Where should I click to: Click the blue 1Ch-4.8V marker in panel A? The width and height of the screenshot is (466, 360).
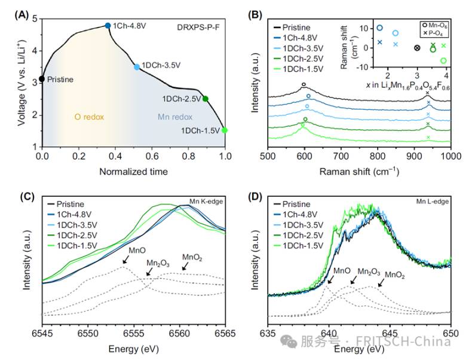[x=108, y=26]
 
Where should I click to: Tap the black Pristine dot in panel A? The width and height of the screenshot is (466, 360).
[x=42, y=79]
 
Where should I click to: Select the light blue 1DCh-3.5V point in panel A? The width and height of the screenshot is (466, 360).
[x=137, y=67]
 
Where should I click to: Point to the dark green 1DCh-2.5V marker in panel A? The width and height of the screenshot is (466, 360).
[x=205, y=99]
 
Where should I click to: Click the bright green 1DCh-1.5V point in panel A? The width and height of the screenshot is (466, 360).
[x=225, y=130]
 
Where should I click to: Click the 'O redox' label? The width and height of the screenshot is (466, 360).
[x=89, y=117]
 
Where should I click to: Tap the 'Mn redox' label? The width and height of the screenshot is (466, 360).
[x=175, y=117]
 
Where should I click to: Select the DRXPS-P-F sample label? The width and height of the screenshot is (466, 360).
[x=198, y=28]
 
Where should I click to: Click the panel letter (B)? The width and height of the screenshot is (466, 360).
[x=255, y=15]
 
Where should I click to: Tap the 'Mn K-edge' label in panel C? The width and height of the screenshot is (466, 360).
[x=206, y=202]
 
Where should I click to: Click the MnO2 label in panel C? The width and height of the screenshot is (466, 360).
[x=192, y=257]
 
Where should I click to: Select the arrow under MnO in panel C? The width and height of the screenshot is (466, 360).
[x=126, y=260]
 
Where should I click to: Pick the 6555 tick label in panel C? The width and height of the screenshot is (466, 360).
[x=134, y=333]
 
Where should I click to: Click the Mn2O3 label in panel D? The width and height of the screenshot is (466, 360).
[x=369, y=271]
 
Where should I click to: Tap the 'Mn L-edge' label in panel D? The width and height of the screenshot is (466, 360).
[x=433, y=202]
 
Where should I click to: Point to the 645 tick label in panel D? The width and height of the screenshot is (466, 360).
[x=390, y=333]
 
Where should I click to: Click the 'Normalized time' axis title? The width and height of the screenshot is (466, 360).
[x=133, y=172]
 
